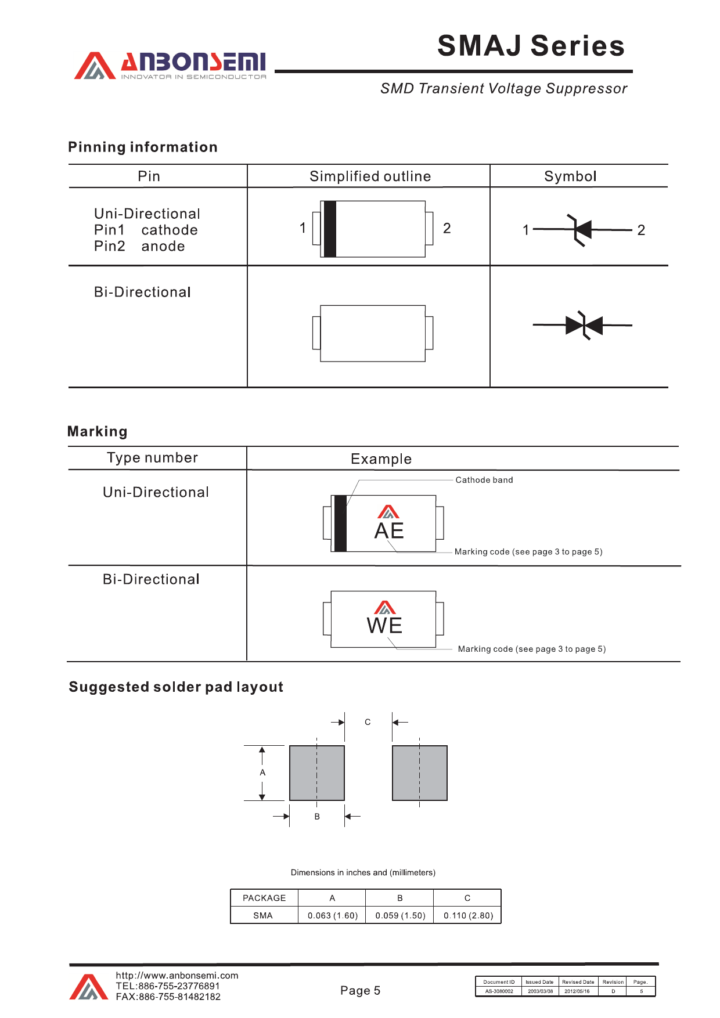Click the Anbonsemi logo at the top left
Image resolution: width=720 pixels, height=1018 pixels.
tap(170, 66)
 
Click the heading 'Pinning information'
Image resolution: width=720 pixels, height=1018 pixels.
tap(143, 147)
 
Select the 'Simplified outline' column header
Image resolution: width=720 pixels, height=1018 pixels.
tap(370, 176)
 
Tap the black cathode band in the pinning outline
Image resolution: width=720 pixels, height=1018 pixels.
tap(330, 229)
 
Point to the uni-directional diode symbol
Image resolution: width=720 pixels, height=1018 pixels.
tap(581, 230)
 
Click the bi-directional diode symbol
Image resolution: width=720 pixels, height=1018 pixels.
tap(584, 325)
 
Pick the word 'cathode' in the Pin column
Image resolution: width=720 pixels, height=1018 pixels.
tap(170, 230)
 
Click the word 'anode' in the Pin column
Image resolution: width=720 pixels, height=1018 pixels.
tap(163, 247)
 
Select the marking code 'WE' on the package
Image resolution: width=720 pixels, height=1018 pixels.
tap(384, 626)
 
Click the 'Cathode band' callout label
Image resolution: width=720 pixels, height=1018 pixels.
tap(484, 480)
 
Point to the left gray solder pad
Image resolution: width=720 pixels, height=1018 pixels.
tap(317, 773)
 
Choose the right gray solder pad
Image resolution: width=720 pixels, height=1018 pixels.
tap(420, 773)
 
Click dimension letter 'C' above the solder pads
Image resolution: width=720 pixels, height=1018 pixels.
tap(368, 722)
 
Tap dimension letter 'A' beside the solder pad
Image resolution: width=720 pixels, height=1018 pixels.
tap(262, 772)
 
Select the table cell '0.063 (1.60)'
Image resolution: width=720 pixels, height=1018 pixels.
tap(332, 916)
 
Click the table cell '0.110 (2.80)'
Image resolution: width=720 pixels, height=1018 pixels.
tap(468, 916)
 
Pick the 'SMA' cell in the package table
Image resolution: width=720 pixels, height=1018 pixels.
tap(263, 916)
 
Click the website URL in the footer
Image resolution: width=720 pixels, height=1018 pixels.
tap(177, 976)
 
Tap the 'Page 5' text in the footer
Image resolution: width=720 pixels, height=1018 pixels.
tap(360, 991)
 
